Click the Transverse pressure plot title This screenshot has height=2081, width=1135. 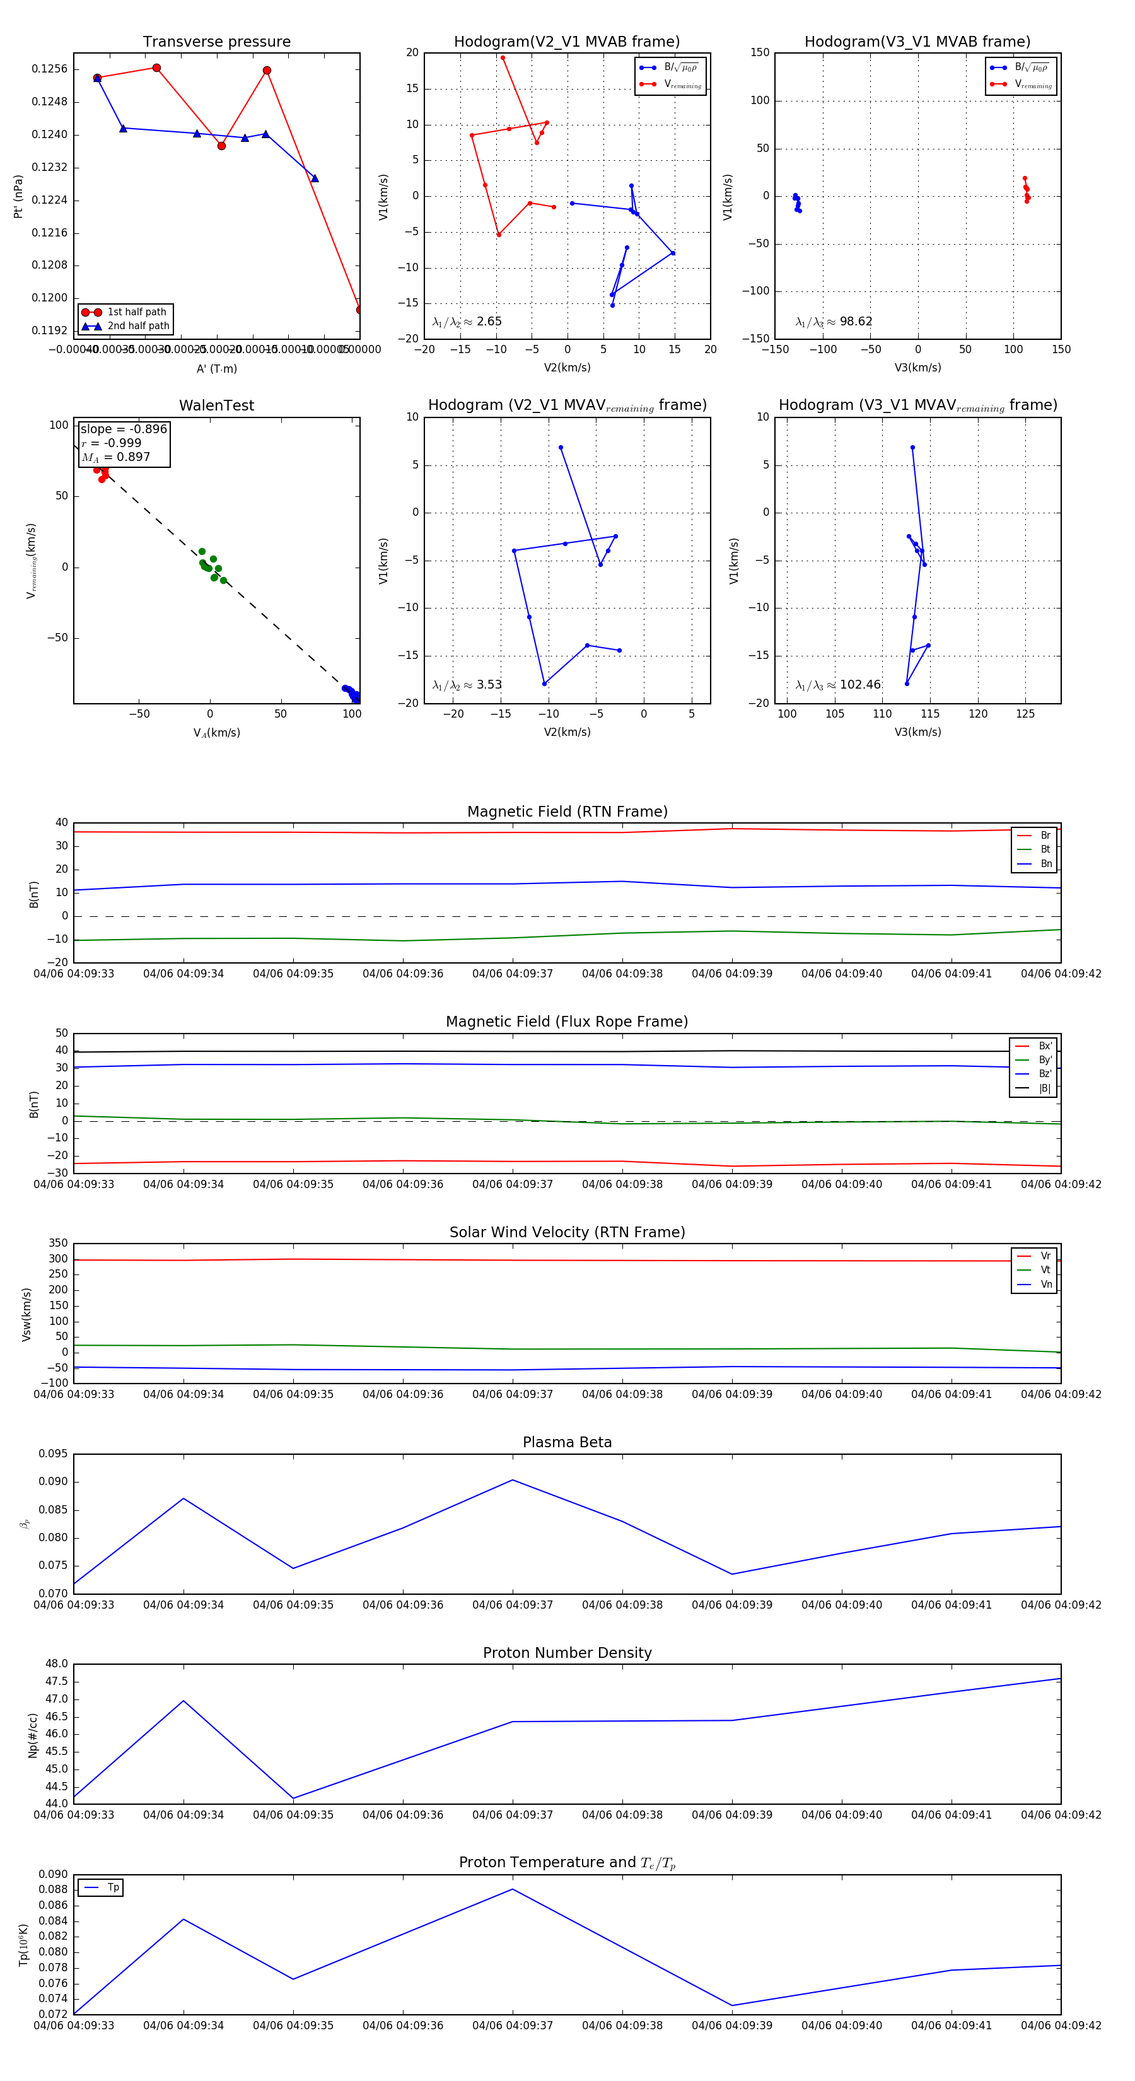coord(216,42)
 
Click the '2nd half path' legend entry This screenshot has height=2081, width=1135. coord(138,327)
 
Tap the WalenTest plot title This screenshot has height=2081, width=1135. coord(216,405)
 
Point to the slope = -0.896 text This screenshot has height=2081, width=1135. coord(124,429)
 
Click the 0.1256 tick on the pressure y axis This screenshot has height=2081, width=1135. coord(49,69)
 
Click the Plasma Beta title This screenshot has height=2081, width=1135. coord(567,1443)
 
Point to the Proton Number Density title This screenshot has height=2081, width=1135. coord(567,1653)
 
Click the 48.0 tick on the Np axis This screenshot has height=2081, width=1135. coord(57,1664)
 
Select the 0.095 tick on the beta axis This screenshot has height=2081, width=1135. coord(54,1454)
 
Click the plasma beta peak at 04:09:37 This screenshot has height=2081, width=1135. coord(512,1481)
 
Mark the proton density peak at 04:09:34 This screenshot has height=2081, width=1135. coord(183,1701)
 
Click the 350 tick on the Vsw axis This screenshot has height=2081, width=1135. coord(58,1244)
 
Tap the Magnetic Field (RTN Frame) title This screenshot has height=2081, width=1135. coord(567,812)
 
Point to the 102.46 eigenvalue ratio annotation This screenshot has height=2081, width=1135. coord(859,685)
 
